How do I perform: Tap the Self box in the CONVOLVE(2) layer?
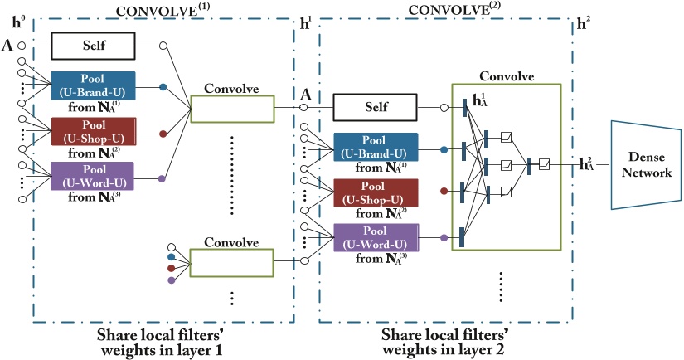pyautogui.click(x=375, y=106)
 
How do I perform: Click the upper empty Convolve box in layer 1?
pyautogui.click(x=231, y=109)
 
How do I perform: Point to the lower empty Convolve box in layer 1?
pyautogui.click(x=231, y=263)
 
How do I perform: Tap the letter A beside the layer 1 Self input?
pyautogui.click(x=7, y=46)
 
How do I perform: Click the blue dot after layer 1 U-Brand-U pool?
pyautogui.click(x=163, y=87)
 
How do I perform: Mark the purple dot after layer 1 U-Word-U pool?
pyautogui.click(x=163, y=178)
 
